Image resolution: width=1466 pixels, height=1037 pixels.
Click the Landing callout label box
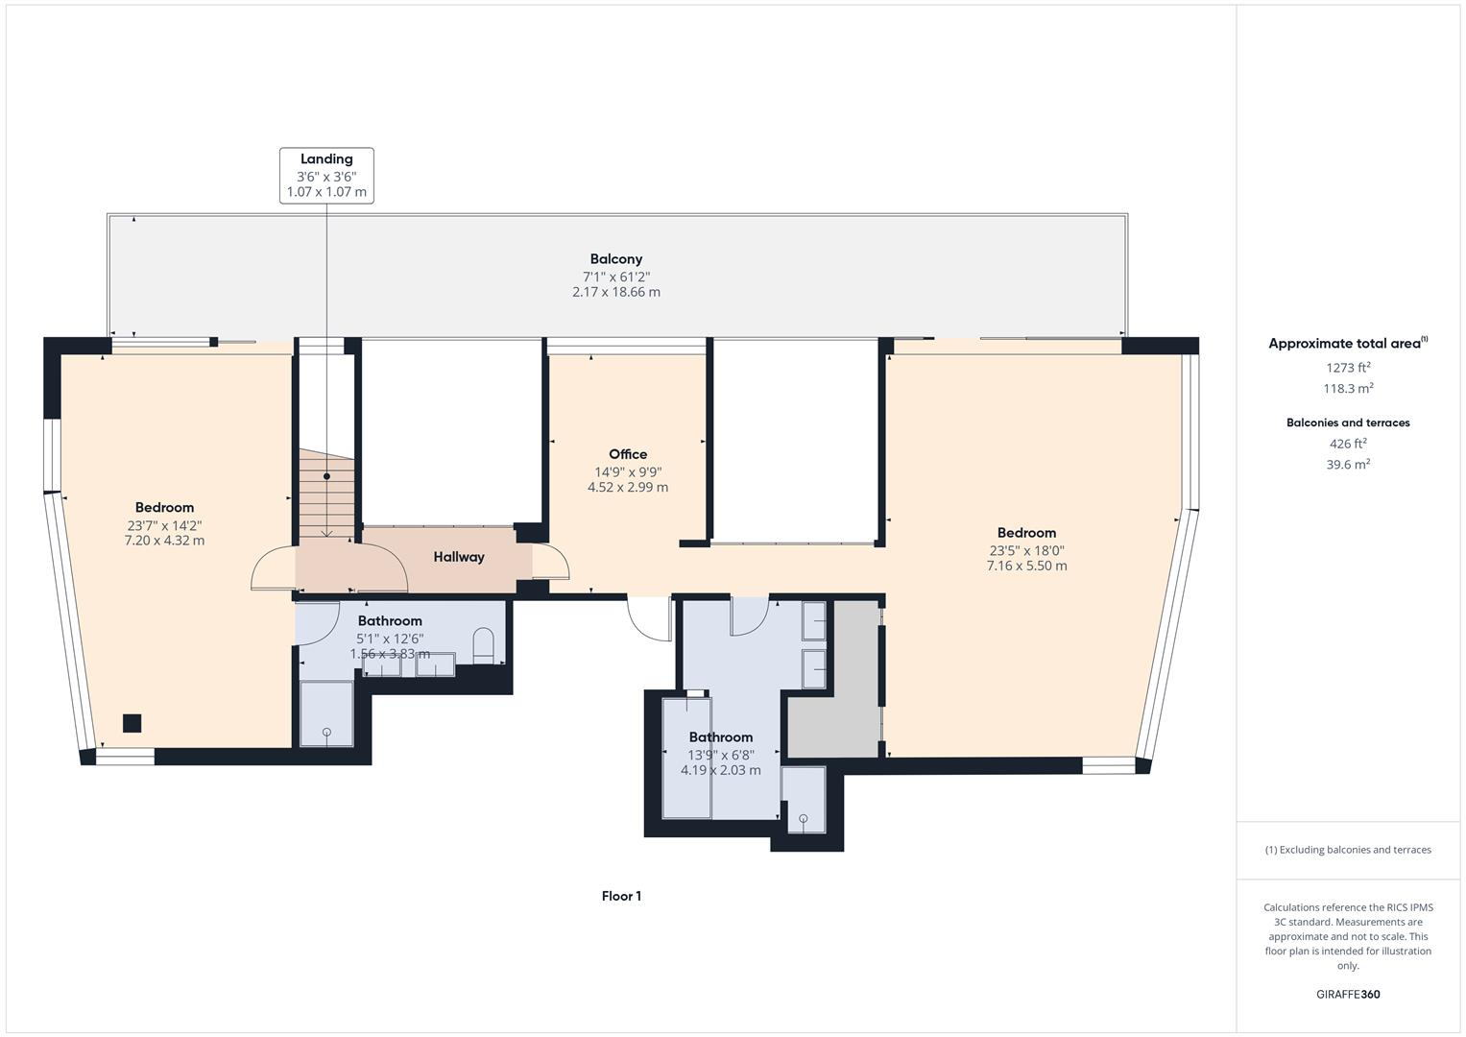pyautogui.click(x=326, y=175)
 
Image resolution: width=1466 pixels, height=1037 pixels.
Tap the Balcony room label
pyautogui.click(x=615, y=259)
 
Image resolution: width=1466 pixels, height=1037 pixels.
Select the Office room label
pyautogui.click(x=628, y=454)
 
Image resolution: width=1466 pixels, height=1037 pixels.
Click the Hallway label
pyautogui.click(x=459, y=557)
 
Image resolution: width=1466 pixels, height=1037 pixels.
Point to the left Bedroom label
pyautogui.click(x=164, y=508)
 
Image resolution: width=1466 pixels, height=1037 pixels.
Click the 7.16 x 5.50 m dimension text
pyautogui.click(x=1026, y=567)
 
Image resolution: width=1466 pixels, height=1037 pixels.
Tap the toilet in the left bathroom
pyautogui.click(x=483, y=645)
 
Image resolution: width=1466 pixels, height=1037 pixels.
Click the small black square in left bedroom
pyautogui.click(x=132, y=724)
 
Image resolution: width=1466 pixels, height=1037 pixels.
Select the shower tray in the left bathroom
pyautogui.click(x=326, y=713)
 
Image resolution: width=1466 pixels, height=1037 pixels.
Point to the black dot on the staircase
pyautogui.click(x=326, y=476)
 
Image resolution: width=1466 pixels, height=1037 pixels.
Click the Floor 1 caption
pyautogui.click(x=621, y=897)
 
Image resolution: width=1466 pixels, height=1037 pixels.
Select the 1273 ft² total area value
pyautogui.click(x=1348, y=368)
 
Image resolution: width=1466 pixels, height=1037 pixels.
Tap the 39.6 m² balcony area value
pyautogui.click(x=1348, y=465)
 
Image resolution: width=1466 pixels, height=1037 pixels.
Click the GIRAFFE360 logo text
pyautogui.click(x=1348, y=995)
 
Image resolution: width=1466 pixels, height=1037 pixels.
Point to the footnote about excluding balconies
pyautogui.click(x=1348, y=850)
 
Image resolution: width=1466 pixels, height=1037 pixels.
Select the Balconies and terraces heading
pyautogui.click(x=1348, y=423)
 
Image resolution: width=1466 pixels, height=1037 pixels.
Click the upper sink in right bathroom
pyautogui.click(x=813, y=621)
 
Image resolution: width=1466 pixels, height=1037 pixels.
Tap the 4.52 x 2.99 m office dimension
pyautogui.click(x=628, y=488)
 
